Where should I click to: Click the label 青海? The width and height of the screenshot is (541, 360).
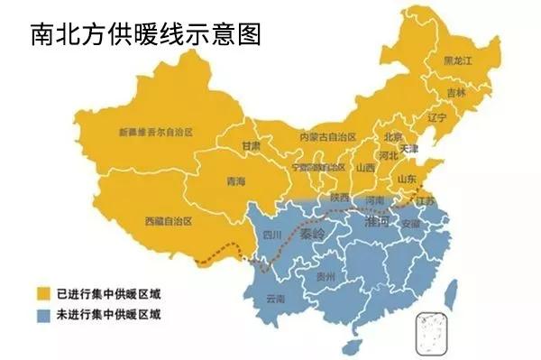[x=236, y=181]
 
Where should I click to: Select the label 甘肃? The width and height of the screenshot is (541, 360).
[x=252, y=145]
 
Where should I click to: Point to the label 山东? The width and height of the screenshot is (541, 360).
[x=407, y=178]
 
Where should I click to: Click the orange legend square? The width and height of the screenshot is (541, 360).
[x=40, y=294]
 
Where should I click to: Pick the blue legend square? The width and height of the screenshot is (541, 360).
[x=40, y=315]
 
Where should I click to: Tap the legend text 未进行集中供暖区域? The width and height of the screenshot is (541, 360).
[x=99, y=315]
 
